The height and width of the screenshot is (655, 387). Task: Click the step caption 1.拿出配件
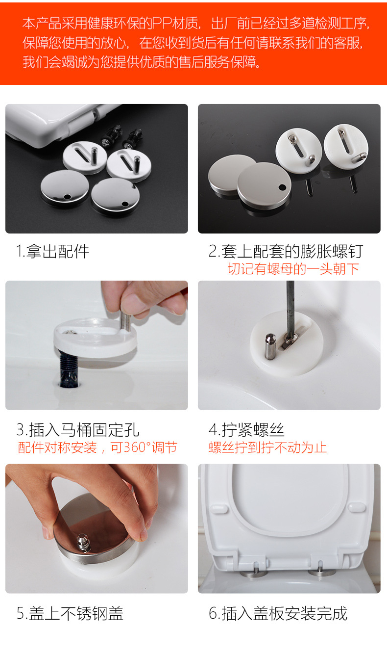click(x=52, y=252)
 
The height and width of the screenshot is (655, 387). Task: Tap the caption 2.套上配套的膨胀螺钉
click(x=286, y=252)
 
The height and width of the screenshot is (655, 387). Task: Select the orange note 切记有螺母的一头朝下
click(x=293, y=269)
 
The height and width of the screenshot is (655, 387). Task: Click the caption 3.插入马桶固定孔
click(x=78, y=430)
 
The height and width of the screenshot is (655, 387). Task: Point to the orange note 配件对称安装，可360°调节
click(x=97, y=447)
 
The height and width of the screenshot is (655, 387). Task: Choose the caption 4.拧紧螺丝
click(x=246, y=430)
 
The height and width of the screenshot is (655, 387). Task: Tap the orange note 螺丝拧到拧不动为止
click(x=267, y=447)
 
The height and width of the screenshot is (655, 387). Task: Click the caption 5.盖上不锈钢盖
click(x=70, y=613)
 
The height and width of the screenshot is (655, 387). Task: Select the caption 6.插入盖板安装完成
click(x=278, y=613)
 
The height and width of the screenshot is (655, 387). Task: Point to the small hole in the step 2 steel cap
click(x=282, y=187)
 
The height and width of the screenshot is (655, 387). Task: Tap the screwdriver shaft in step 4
click(x=290, y=308)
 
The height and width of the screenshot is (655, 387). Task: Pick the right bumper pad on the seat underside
click(x=357, y=507)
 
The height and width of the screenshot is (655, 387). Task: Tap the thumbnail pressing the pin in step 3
click(x=130, y=303)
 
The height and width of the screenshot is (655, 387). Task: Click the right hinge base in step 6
click(x=320, y=573)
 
